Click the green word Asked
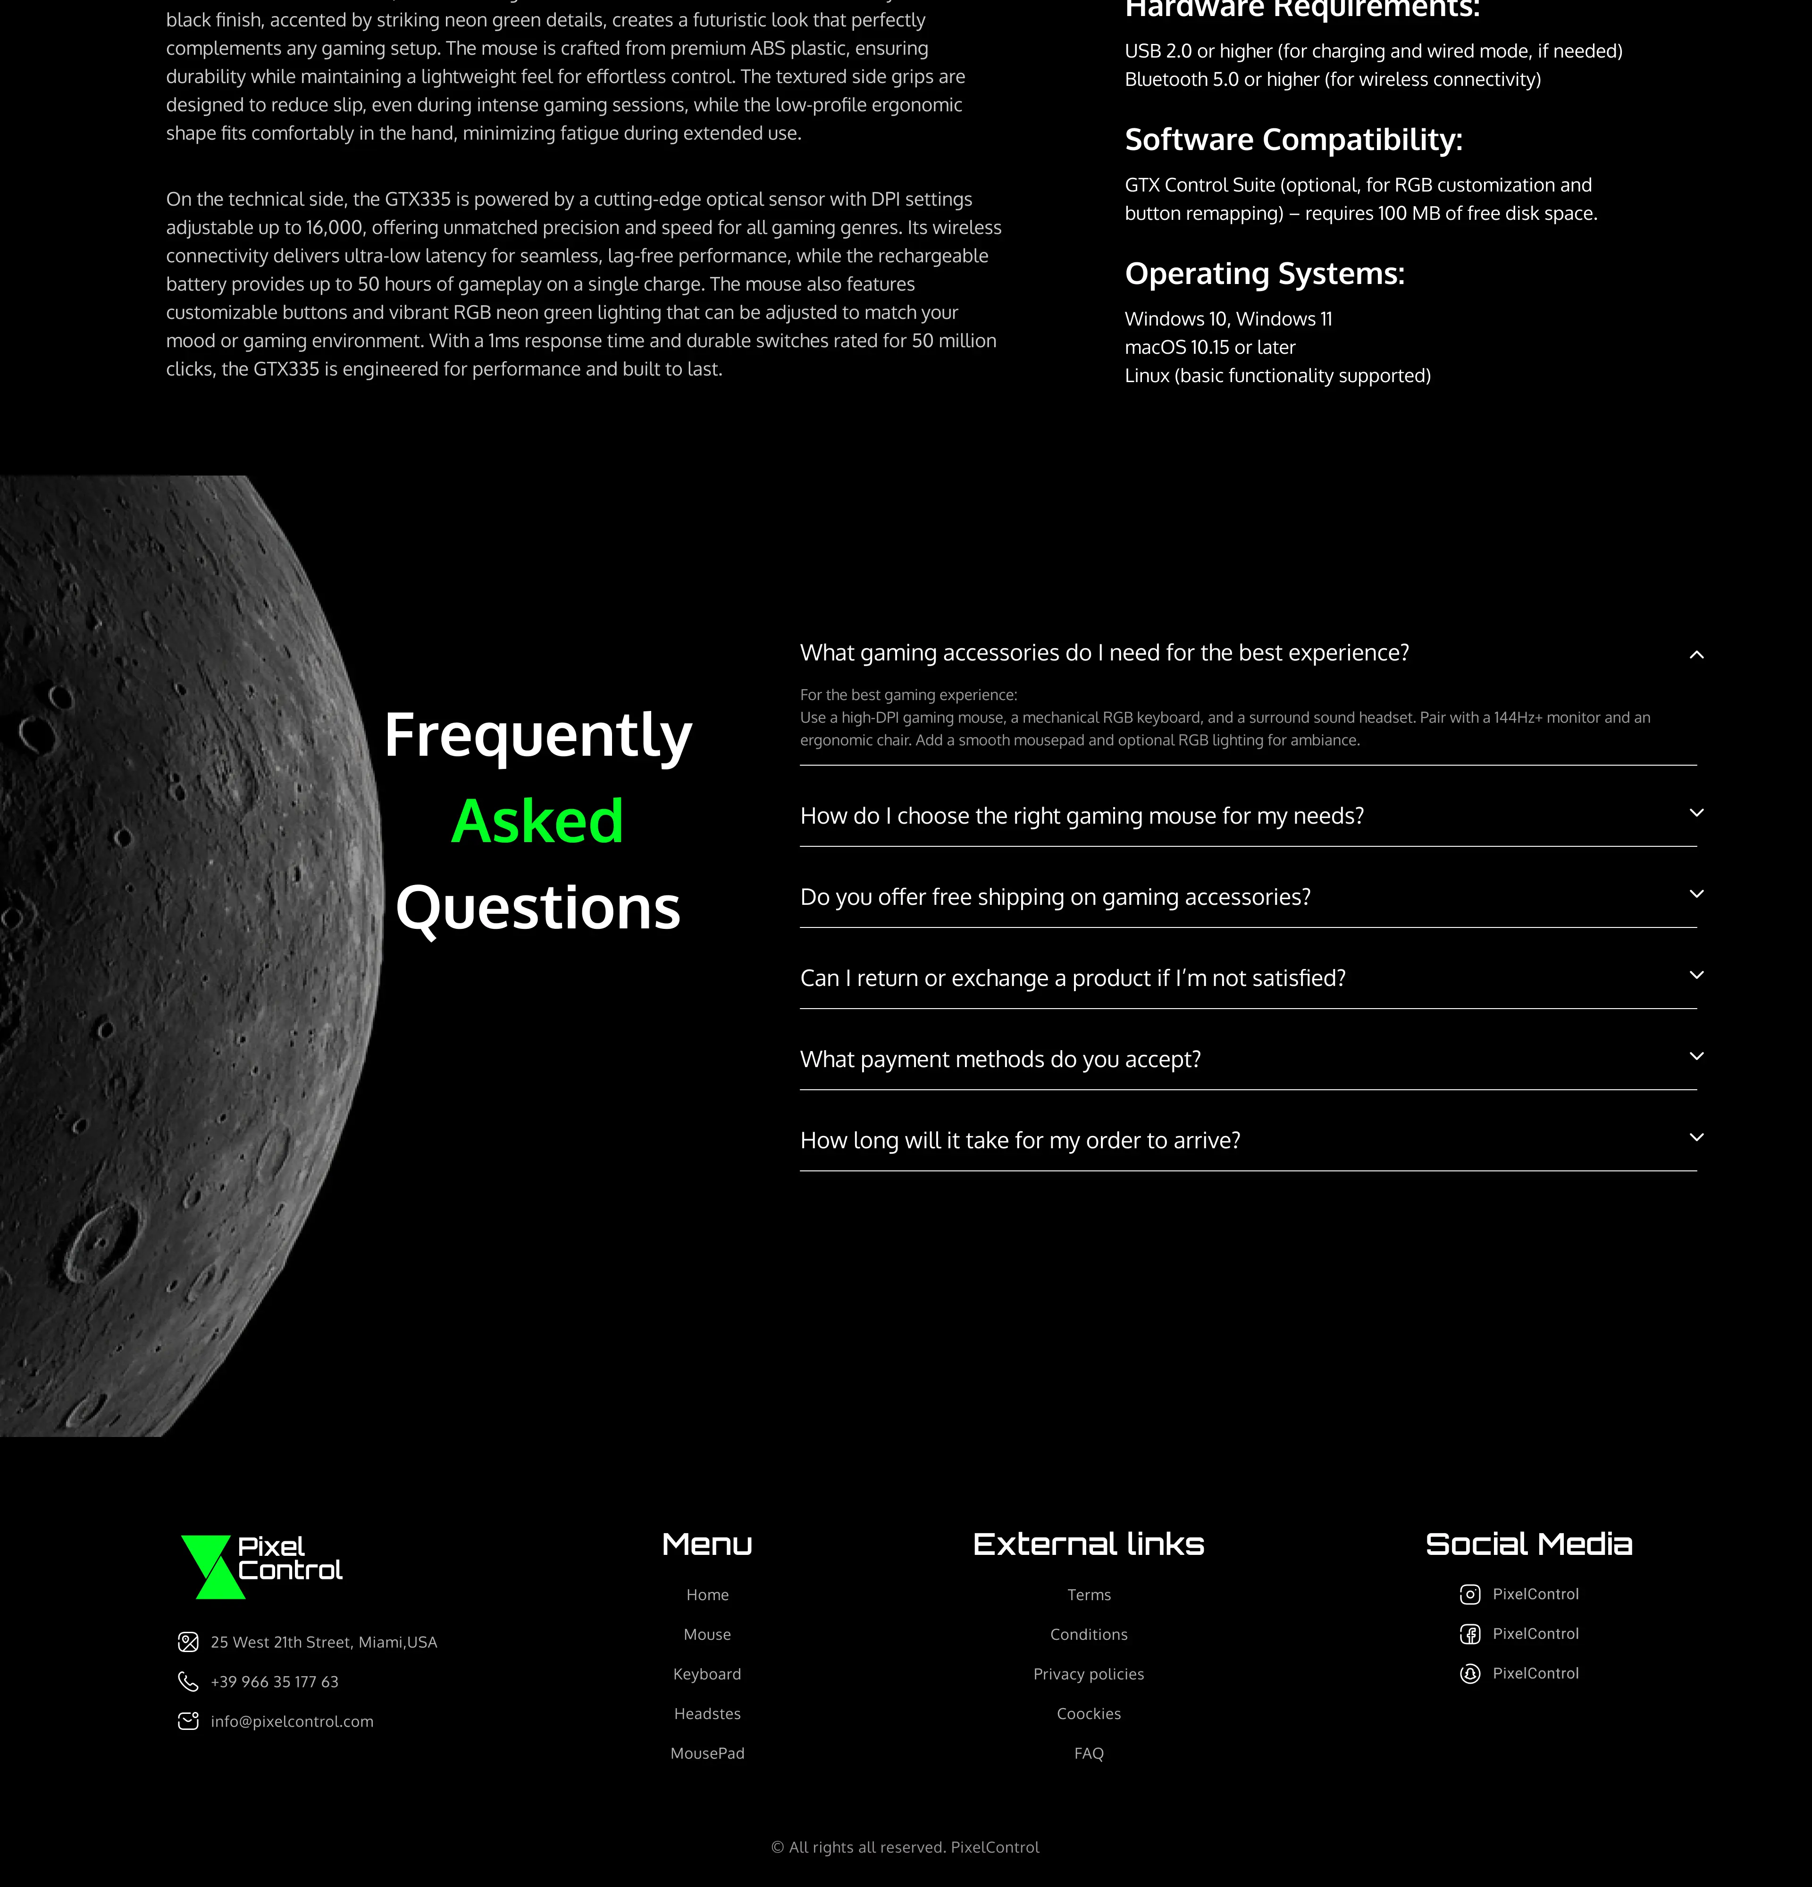pyautogui.click(x=537, y=821)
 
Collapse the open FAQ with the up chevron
pyautogui.click(x=1696, y=655)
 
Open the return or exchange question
pyautogui.click(x=1073, y=978)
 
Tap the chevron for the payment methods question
pyautogui.click(x=1696, y=1056)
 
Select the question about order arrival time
pyautogui.click(x=1020, y=1141)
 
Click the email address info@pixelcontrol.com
pyautogui.click(x=292, y=1721)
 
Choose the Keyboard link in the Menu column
pyautogui.click(x=707, y=1674)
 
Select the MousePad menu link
pyautogui.click(x=707, y=1753)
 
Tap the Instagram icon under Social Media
pyautogui.click(x=1469, y=1595)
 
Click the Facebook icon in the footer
pyautogui.click(x=1469, y=1634)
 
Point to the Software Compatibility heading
pyautogui.click(x=1293, y=140)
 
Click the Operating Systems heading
pyautogui.click(x=1264, y=274)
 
